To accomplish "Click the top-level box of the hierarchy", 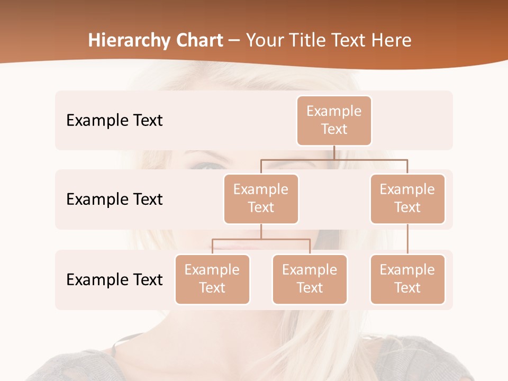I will [x=334, y=120].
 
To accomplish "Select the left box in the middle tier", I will [x=261, y=198].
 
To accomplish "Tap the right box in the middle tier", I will [x=407, y=198].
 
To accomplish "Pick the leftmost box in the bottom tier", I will [x=212, y=279].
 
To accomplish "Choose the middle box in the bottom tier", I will [x=310, y=279].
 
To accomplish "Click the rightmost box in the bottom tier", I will [x=407, y=279].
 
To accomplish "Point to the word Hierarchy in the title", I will [x=129, y=41].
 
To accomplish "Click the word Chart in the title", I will [x=199, y=41].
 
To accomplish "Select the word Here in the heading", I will [x=391, y=41].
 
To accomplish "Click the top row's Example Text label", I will [x=114, y=121].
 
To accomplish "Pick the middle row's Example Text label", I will [x=114, y=199].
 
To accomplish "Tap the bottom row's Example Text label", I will [x=114, y=279].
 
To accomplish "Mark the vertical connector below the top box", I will [x=334, y=152].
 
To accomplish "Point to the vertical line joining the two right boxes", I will [x=407, y=239].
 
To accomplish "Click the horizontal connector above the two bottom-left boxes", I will [x=261, y=239].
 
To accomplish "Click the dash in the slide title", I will [x=234, y=41].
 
